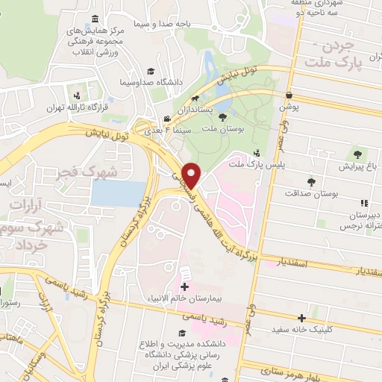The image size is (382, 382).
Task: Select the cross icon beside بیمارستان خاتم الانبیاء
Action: click(184, 286)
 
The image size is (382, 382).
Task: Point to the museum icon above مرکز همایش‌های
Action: click(95, 19)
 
